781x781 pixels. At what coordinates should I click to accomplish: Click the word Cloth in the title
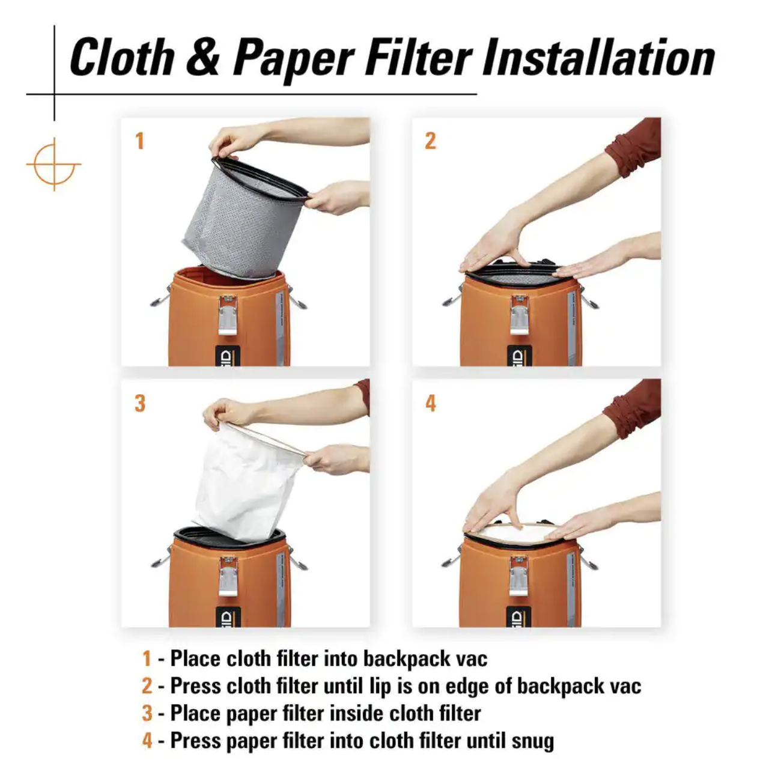coord(123,58)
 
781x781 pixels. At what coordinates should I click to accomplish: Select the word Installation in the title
coord(598,58)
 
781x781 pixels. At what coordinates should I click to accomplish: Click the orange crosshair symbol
coord(53,165)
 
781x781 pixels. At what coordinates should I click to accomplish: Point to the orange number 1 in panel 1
coord(139,141)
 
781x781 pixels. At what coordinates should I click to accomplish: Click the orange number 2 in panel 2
coord(430,141)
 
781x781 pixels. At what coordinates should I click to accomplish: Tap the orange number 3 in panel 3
coord(140,403)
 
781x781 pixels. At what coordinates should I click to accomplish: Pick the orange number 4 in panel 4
coord(431,403)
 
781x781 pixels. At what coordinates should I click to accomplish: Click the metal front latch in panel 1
coord(228,315)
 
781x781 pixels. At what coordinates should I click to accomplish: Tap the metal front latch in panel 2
coord(519,315)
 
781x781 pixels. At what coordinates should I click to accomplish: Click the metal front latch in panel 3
coord(228,576)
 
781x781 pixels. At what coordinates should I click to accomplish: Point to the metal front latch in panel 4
coord(519,576)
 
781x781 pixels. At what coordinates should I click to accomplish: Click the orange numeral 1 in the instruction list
coord(147,658)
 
